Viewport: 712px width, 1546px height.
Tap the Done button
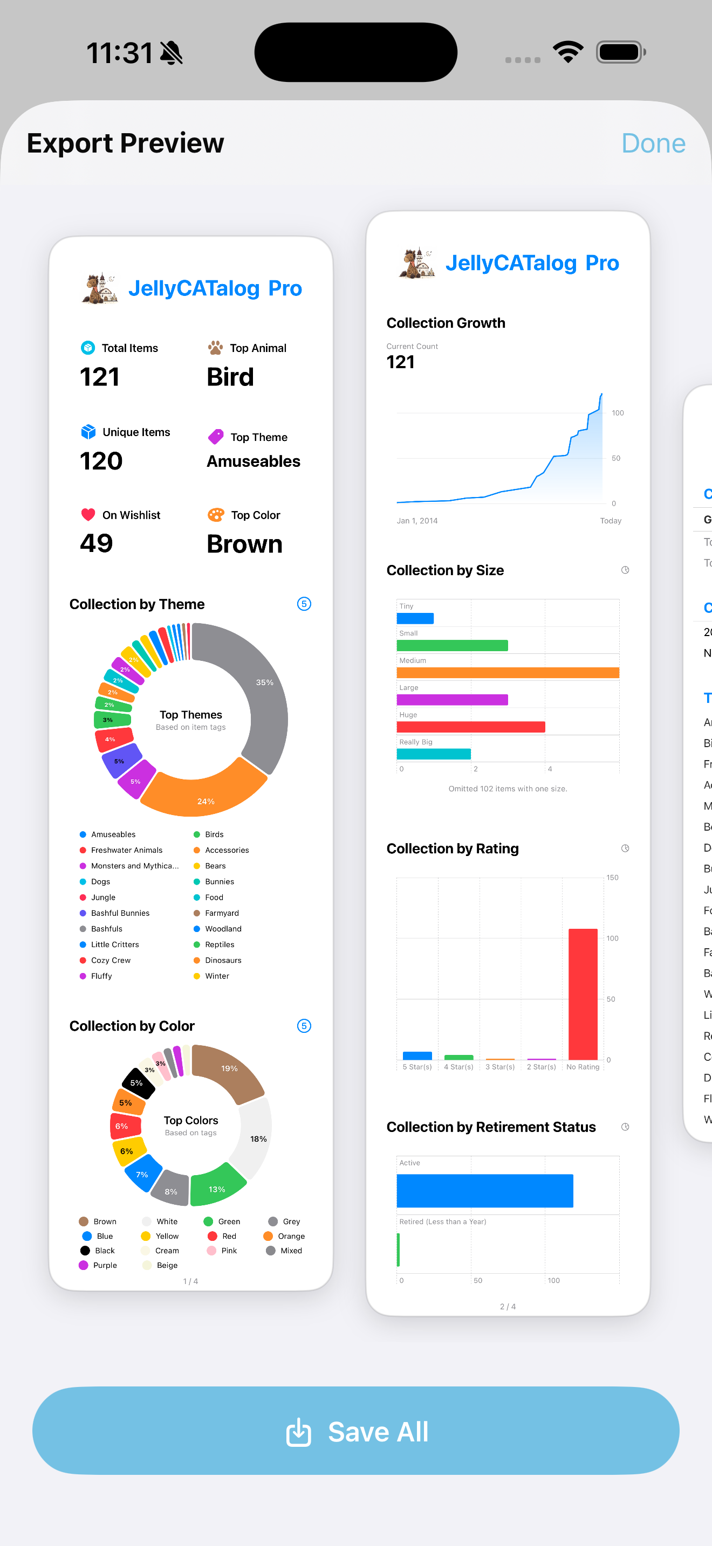click(653, 143)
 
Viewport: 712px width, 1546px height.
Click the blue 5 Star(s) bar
click(417, 1055)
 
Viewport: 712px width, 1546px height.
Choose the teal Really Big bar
click(434, 754)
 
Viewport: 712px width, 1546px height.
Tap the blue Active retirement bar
click(484, 1191)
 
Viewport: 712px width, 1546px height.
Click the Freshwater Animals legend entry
click(126, 850)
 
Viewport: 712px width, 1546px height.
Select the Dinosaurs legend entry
click(223, 960)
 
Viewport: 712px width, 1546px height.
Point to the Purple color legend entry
click(105, 1265)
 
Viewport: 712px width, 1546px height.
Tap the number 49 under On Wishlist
click(97, 543)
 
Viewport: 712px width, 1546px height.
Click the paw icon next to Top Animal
click(215, 348)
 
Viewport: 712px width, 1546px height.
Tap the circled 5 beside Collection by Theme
click(304, 604)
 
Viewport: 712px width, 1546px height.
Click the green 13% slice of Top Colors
click(216, 1186)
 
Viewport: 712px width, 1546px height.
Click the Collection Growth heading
click(446, 323)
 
